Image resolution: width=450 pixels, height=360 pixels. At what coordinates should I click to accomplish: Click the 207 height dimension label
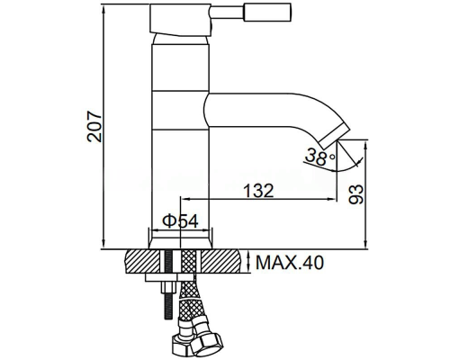pos(94,126)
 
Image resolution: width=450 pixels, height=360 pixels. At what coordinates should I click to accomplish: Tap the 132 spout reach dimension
pos(258,190)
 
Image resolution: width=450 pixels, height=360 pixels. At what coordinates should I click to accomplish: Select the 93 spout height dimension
pos(355,194)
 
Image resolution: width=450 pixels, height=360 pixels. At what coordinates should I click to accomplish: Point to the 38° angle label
pos(319,157)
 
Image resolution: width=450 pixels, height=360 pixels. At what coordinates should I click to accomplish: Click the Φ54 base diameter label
pos(180,221)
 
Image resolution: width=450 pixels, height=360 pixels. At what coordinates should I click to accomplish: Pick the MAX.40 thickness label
pos(290,263)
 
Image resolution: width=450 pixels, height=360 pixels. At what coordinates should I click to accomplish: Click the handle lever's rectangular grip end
pos(268,13)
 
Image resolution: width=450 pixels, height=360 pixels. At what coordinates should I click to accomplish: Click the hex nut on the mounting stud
pos(168,287)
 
